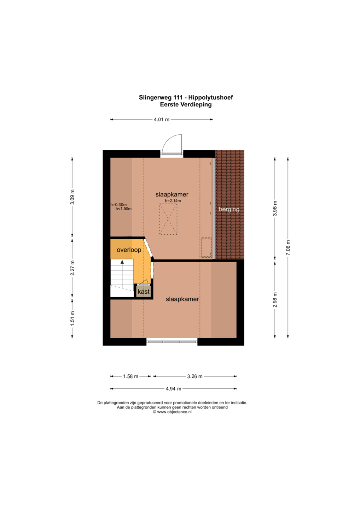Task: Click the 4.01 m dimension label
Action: click(162, 119)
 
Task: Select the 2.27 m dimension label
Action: click(72, 268)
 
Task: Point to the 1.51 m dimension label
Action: click(72, 318)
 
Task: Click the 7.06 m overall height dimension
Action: click(288, 247)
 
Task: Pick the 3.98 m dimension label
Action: click(275, 209)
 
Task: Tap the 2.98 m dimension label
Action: click(275, 300)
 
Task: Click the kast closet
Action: click(144, 292)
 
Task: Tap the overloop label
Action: click(129, 250)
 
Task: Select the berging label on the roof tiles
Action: click(229, 209)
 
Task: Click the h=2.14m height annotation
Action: click(173, 201)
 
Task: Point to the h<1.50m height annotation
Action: click(123, 209)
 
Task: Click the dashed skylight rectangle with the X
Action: click(168, 219)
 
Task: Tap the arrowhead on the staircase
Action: click(122, 262)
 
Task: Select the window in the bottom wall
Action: click(172, 341)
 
